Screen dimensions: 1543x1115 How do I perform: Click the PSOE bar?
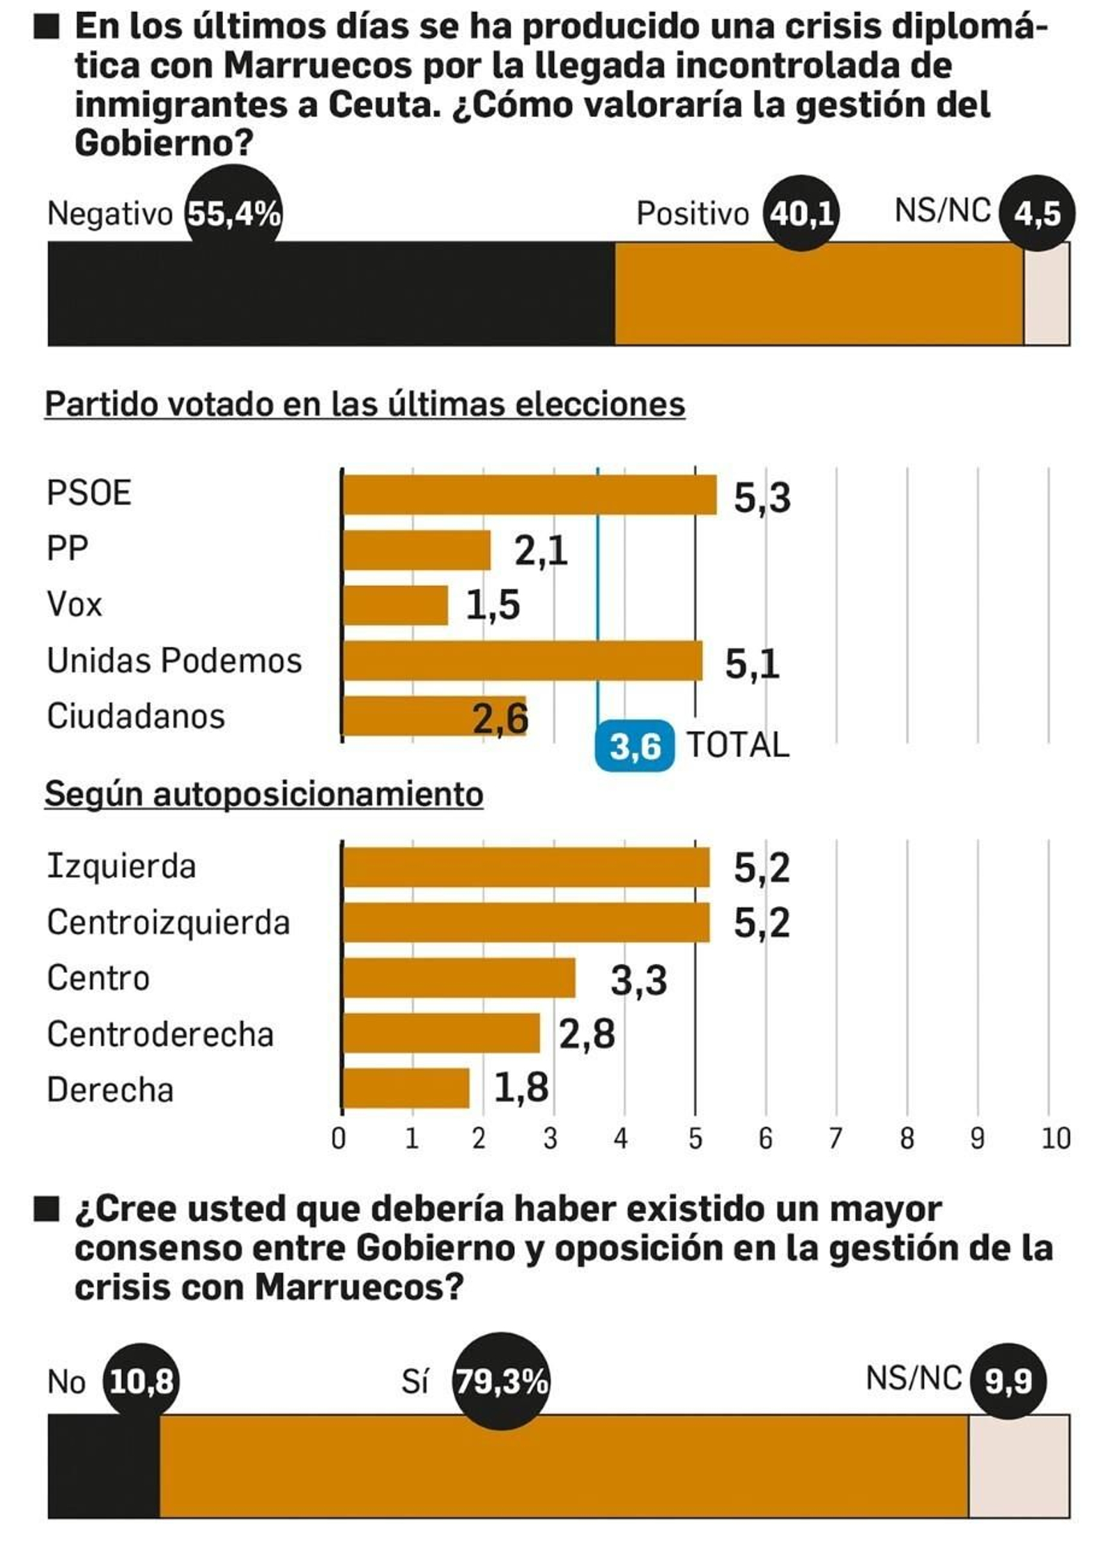(530, 495)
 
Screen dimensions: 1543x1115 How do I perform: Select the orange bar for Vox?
(395, 605)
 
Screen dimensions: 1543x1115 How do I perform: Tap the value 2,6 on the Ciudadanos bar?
(500, 719)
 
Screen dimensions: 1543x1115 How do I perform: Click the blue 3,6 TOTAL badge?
(634, 746)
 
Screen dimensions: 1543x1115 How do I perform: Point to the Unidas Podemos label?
(174, 661)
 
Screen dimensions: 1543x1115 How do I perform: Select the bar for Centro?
(459, 978)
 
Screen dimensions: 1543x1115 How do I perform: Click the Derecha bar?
(406, 1088)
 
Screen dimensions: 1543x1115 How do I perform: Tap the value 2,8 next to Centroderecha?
(587, 1034)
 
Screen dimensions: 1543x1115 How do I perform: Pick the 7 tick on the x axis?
(835, 1139)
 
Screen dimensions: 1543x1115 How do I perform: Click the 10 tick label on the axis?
(1055, 1139)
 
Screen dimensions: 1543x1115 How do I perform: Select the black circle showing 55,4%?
(234, 214)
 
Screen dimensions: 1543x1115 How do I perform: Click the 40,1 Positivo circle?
(801, 213)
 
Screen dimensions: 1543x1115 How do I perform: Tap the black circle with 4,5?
(1037, 213)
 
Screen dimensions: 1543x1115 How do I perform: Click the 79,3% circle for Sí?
(501, 1381)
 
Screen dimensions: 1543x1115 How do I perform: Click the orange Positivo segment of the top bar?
(819, 294)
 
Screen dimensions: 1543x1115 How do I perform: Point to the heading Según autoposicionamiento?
(264, 794)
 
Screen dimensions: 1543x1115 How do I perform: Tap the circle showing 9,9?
(1008, 1381)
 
